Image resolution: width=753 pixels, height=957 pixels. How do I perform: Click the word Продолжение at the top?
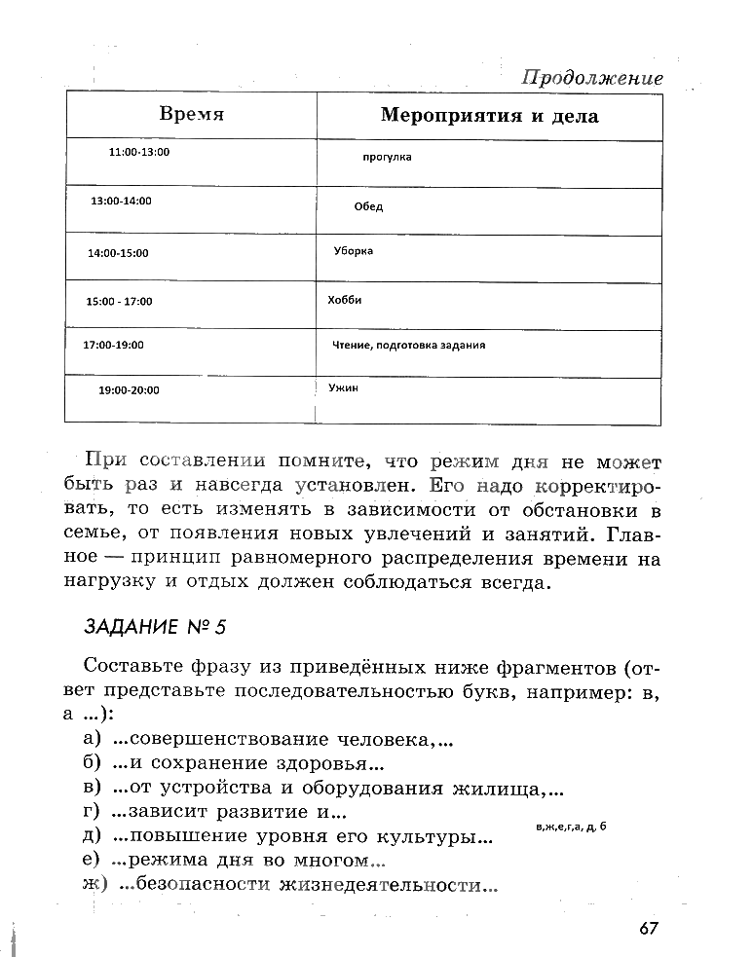tap(591, 77)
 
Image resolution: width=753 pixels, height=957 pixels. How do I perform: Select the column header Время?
tap(191, 115)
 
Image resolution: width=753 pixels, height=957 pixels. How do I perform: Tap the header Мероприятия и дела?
tap(489, 117)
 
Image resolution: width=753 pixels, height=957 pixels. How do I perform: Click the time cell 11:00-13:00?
tap(139, 153)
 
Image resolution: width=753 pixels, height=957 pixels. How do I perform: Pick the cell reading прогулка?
tap(387, 157)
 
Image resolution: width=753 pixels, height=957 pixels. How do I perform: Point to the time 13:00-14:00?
tap(121, 201)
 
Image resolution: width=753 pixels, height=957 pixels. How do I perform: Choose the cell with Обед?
tap(368, 206)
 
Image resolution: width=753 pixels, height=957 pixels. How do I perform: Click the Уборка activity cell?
tap(353, 251)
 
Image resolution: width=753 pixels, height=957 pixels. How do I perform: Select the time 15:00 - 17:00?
tap(119, 302)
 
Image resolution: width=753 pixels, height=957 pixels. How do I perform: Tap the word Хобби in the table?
tap(345, 300)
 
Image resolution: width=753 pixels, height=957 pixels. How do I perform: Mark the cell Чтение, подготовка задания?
tap(409, 345)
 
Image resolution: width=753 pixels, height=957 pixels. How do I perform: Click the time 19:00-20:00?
tap(129, 390)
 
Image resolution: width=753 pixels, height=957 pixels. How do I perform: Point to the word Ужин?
tap(343, 387)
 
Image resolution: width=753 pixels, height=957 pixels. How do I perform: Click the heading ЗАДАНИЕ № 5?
tap(154, 627)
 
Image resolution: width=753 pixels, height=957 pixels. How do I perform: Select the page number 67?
tap(650, 928)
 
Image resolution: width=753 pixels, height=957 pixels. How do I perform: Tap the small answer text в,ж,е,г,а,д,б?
tap(571, 827)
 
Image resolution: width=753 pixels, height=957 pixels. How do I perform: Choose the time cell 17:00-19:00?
tap(113, 345)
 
